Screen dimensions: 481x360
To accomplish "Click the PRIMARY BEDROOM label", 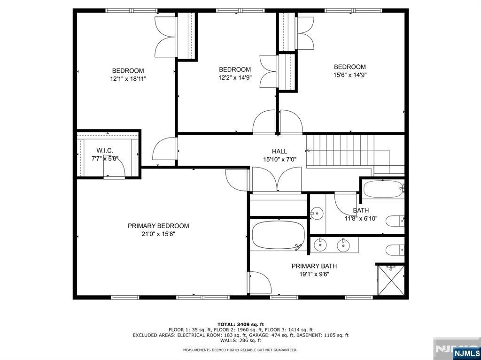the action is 158,226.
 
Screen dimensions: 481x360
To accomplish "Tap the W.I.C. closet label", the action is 105,151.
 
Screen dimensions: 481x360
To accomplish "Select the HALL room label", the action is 279,151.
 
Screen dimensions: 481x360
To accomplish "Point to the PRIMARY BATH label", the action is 314,266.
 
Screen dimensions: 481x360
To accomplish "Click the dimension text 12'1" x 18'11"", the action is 128,79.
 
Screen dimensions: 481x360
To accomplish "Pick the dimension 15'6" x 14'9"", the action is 350,75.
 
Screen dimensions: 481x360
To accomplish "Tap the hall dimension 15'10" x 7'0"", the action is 280,160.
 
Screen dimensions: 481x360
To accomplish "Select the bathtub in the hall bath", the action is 383,189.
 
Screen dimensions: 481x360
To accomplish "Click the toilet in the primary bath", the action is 395,250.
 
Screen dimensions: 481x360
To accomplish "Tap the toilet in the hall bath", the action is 395,221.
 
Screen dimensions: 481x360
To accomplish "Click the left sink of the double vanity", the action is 320,245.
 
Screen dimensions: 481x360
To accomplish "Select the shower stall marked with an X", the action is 391,280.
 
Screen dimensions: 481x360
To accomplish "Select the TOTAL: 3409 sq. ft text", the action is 240,324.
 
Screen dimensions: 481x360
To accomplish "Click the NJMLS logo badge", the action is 467,352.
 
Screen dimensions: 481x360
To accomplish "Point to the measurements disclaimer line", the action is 240,350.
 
